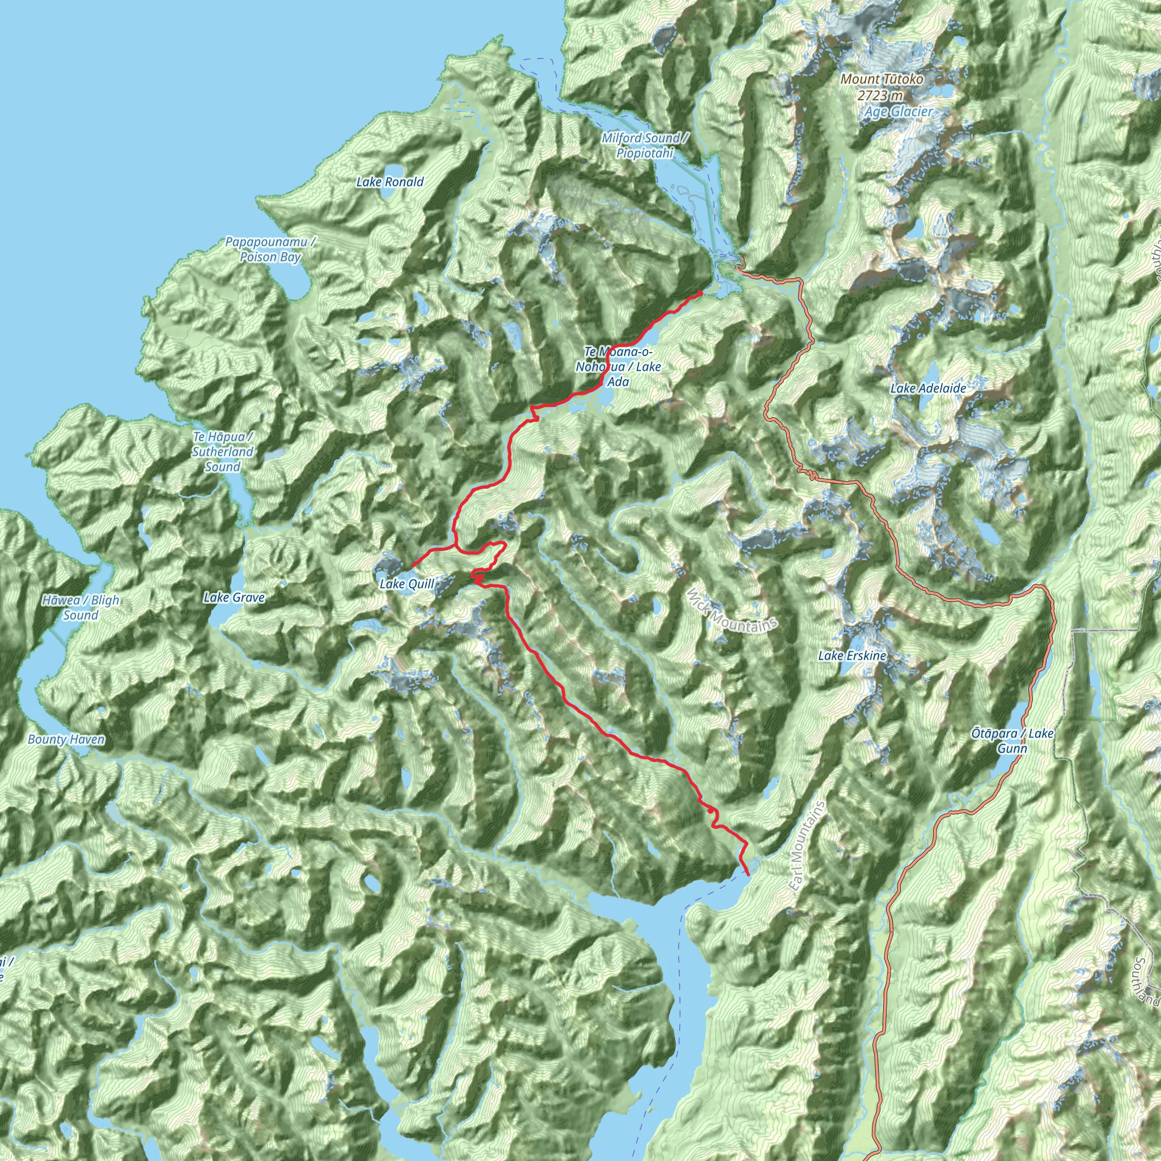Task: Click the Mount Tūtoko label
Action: [x=882, y=79]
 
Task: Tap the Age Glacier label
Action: [x=899, y=111]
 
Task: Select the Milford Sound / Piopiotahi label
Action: [x=645, y=146]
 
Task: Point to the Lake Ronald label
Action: [x=390, y=181]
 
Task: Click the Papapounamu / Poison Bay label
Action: [x=270, y=249]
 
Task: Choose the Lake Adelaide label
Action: [x=928, y=388]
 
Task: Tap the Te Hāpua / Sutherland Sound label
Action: [x=223, y=451]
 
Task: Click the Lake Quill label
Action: [x=407, y=583]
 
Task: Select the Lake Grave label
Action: [x=234, y=598]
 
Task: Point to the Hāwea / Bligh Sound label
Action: [x=80, y=607]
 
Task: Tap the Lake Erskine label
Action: [x=851, y=656]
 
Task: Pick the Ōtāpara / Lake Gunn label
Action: [x=1012, y=740]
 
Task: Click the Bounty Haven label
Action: [x=66, y=739]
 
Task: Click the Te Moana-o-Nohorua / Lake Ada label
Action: [x=618, y=367]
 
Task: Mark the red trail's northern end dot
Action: [x=700, y=293]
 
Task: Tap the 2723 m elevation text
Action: [x=880, y=95]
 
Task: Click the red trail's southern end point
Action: [x=748, y=875]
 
